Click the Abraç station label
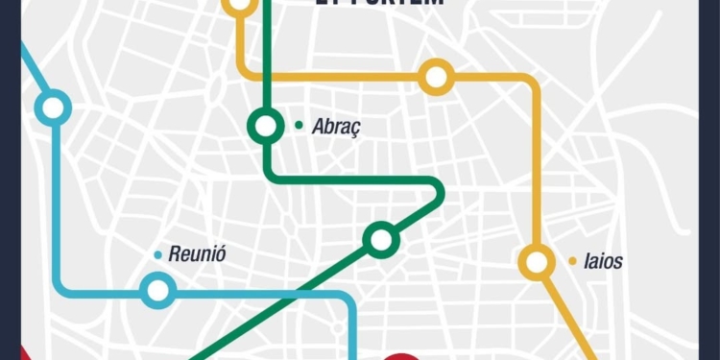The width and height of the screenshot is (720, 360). pyautogui.click(x=337, y=127)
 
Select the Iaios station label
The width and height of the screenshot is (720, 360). pyautogui.click(x=603, y=261)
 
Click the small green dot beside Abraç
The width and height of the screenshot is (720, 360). pyautogui.click(x=300, y=125)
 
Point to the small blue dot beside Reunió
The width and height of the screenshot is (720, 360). pyautogui.click(x=157, y=254)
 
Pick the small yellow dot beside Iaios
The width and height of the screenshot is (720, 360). pyautogui.click(x=573, y=260)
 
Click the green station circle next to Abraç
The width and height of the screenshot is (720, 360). pyautogui.click(x=266, y=126)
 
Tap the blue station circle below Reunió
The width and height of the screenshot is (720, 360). pyautogui.click(x=156, y=290)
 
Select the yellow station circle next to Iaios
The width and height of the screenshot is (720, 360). pyautogui.click(x=537, y=261)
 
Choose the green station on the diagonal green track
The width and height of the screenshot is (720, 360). pyautogui.click(x=382, y=239)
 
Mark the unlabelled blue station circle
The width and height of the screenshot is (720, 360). pyautogui.click(x=54, y=107)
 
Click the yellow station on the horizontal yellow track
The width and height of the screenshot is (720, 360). pyautogui.click(x=437, y=77)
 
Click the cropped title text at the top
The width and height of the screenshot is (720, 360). pyautogui.click(x=380, y=4)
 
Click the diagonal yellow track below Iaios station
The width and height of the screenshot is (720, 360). pyautogui.click(x=571, y=317)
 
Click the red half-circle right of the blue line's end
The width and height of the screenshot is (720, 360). pyautogui.click(x=405, y=356)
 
